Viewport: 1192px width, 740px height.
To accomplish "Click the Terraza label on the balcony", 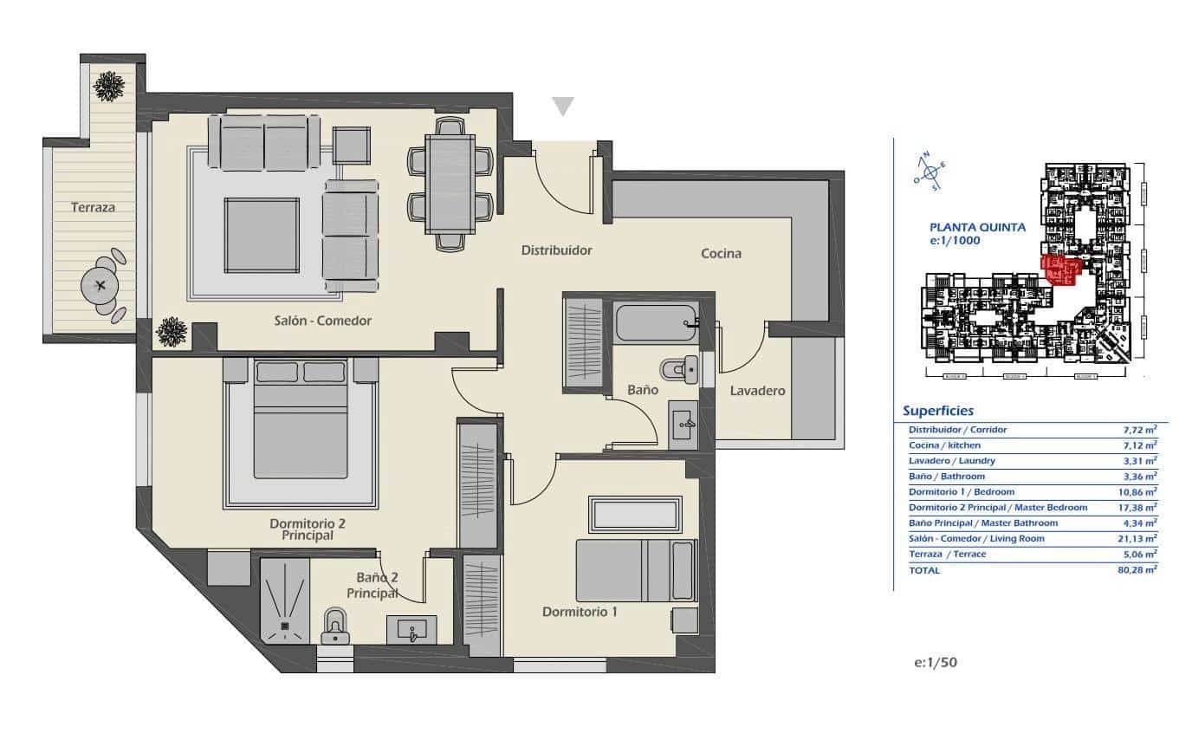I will click(x=94, y=207).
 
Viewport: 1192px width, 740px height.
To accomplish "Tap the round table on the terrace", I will click(x=101, y=284).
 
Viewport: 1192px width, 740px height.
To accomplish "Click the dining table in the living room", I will click(x=450, y=184).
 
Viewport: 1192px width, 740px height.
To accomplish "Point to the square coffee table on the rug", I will click(x=262, y=235).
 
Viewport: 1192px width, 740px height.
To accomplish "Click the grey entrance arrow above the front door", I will click(x=563, y=107).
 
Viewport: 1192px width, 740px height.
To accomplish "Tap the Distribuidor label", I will click(x=556, y=250).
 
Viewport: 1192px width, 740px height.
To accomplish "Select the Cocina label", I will click(x=721, y=253).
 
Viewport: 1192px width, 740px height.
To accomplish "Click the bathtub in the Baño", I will click(x=656, y=323).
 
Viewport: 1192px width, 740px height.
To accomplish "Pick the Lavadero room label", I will click(x=756, y=391).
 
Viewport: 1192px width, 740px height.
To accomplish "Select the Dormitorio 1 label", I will click(x=580, y=612).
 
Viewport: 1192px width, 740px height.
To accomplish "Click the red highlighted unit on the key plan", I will click(x=1059, y=270).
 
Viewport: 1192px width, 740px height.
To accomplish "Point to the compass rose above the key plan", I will click(x=928, y=170).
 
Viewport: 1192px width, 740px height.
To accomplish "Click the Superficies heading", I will click(x=937, y=411).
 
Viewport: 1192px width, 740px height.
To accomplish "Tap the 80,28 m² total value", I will click(x=1137, y=569).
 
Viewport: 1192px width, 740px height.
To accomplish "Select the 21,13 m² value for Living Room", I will click(x=1137, y=538).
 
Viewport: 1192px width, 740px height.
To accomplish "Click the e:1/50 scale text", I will click(x=936, y=662).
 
